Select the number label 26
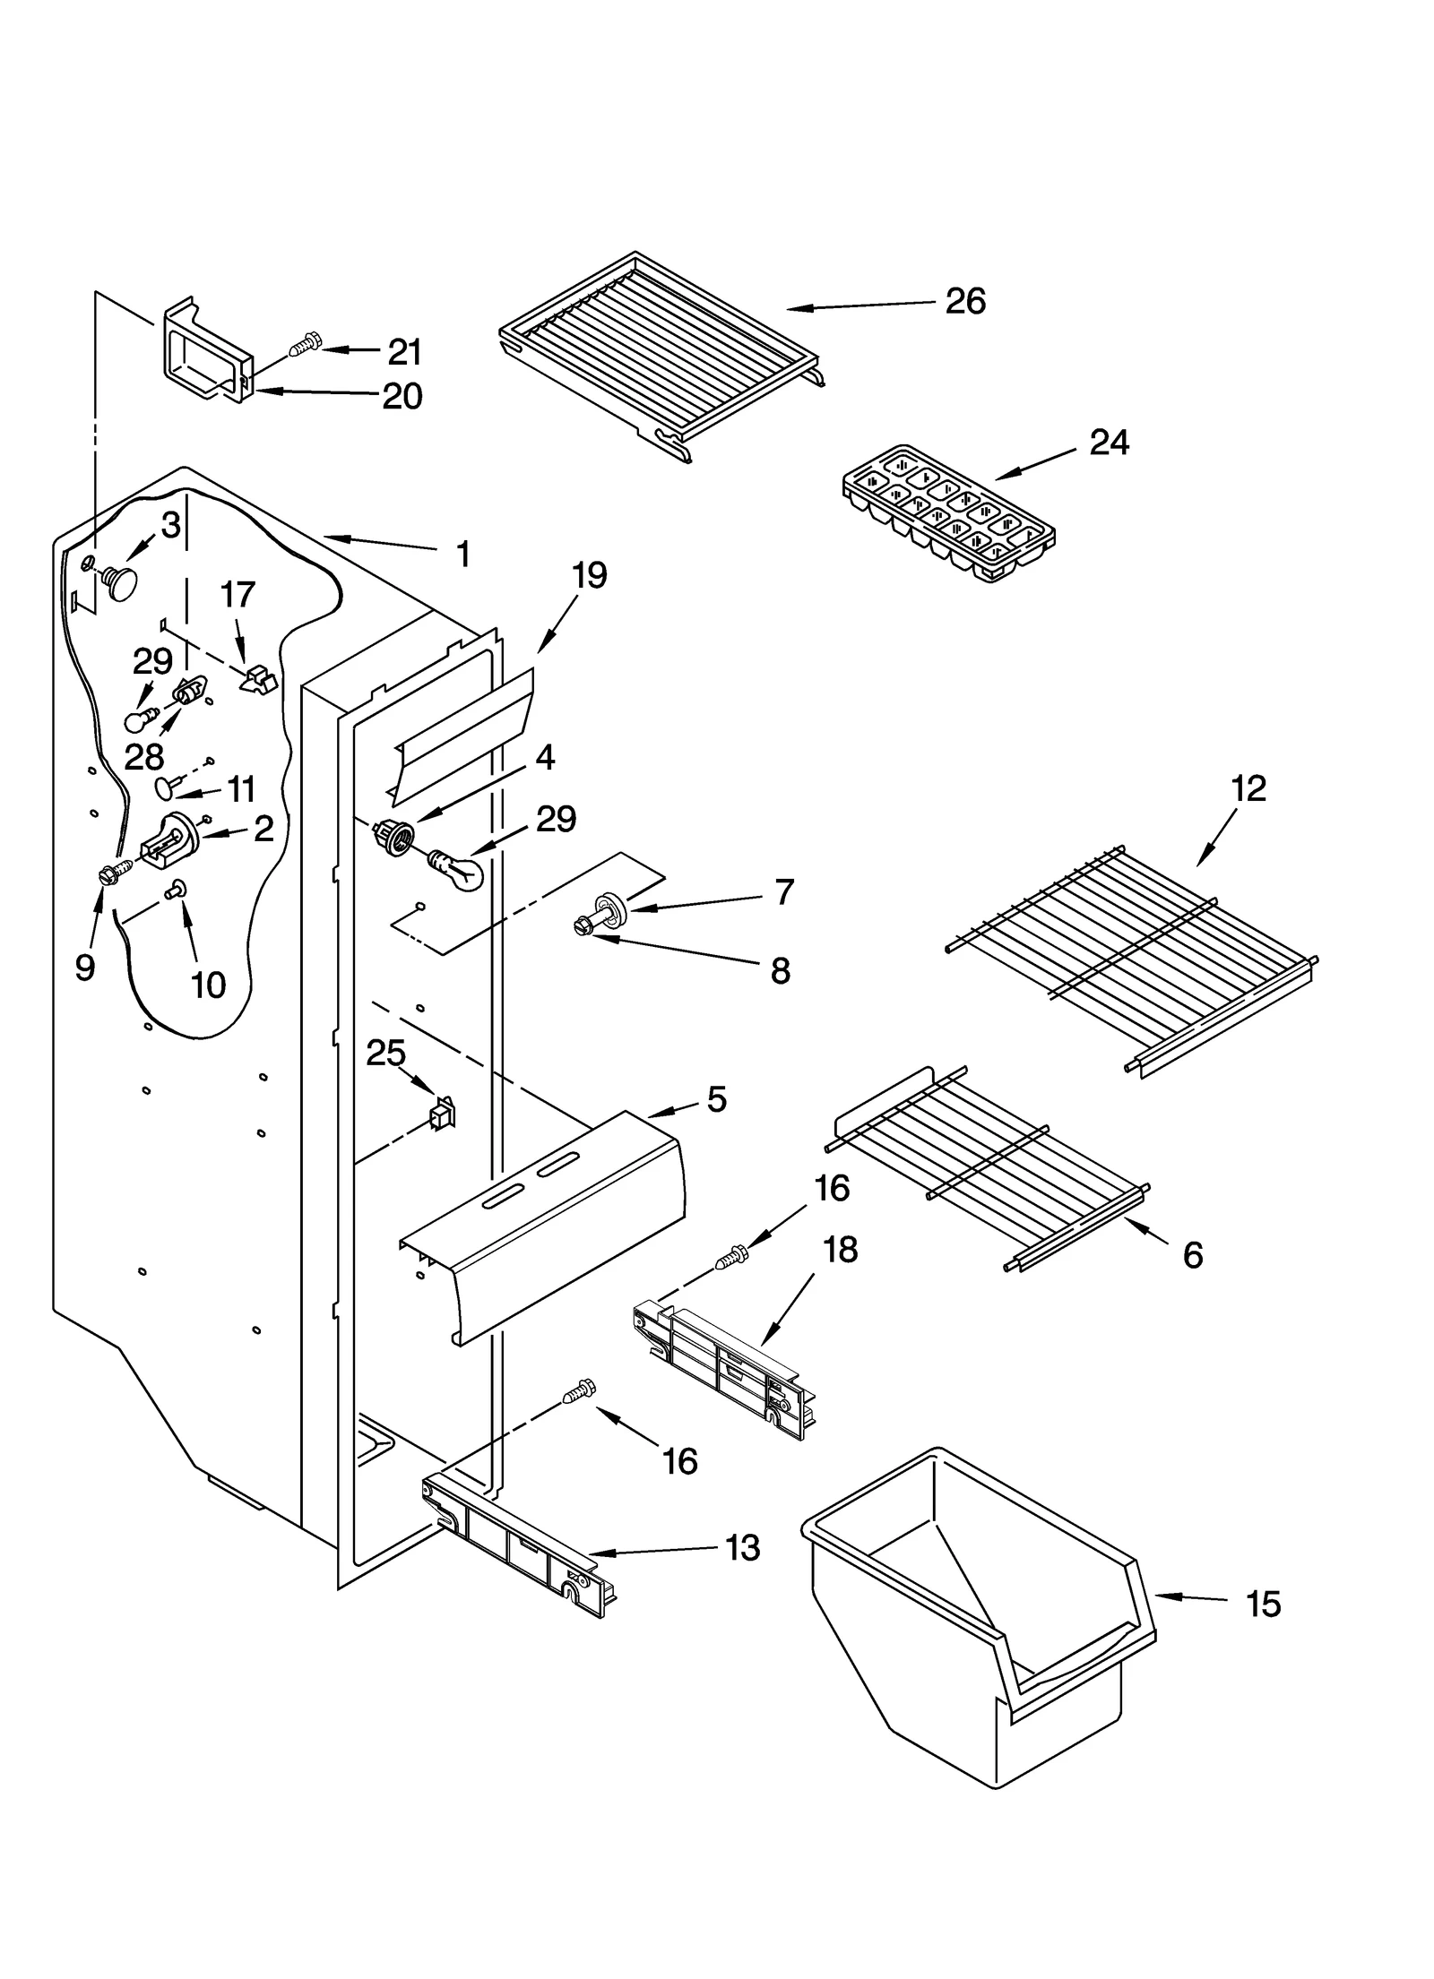point(965,301)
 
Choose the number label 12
point(1248,788)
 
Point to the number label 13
point(742,1547)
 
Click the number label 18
point(840,1249)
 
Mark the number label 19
point(589,575)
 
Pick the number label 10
point(208,985)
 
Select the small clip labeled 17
point(258,680)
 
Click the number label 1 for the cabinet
point(462,555)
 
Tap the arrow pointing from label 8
point(681,951)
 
